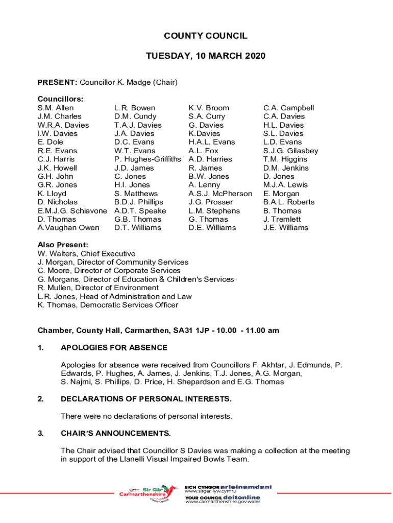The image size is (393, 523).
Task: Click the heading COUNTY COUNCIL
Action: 206,36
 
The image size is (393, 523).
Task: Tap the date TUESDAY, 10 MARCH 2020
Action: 206,56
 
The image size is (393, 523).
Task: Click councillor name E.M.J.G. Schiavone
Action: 72,211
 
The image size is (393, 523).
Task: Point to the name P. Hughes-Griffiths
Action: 148,159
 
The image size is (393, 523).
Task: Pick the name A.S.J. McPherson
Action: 220,194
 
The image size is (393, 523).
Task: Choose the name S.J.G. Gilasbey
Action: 290,151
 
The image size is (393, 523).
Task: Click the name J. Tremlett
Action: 282,220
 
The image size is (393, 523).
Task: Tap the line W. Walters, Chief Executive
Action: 86,254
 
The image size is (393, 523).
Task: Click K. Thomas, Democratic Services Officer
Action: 108,305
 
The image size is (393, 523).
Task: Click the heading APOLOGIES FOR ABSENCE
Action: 114,348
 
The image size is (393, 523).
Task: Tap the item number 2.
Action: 40,399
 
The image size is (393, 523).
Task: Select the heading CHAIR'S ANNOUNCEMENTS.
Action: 115,434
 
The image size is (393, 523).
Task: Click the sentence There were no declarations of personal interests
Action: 146,416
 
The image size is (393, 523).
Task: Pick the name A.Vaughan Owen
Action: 68,228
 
